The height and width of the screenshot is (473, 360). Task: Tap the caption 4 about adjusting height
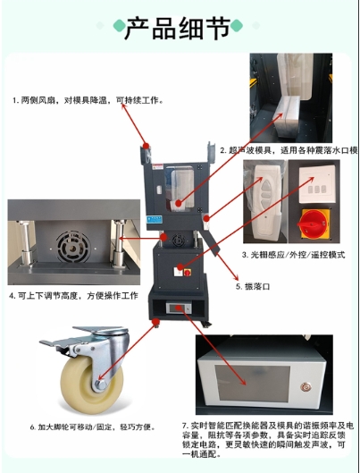click(74, 295)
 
